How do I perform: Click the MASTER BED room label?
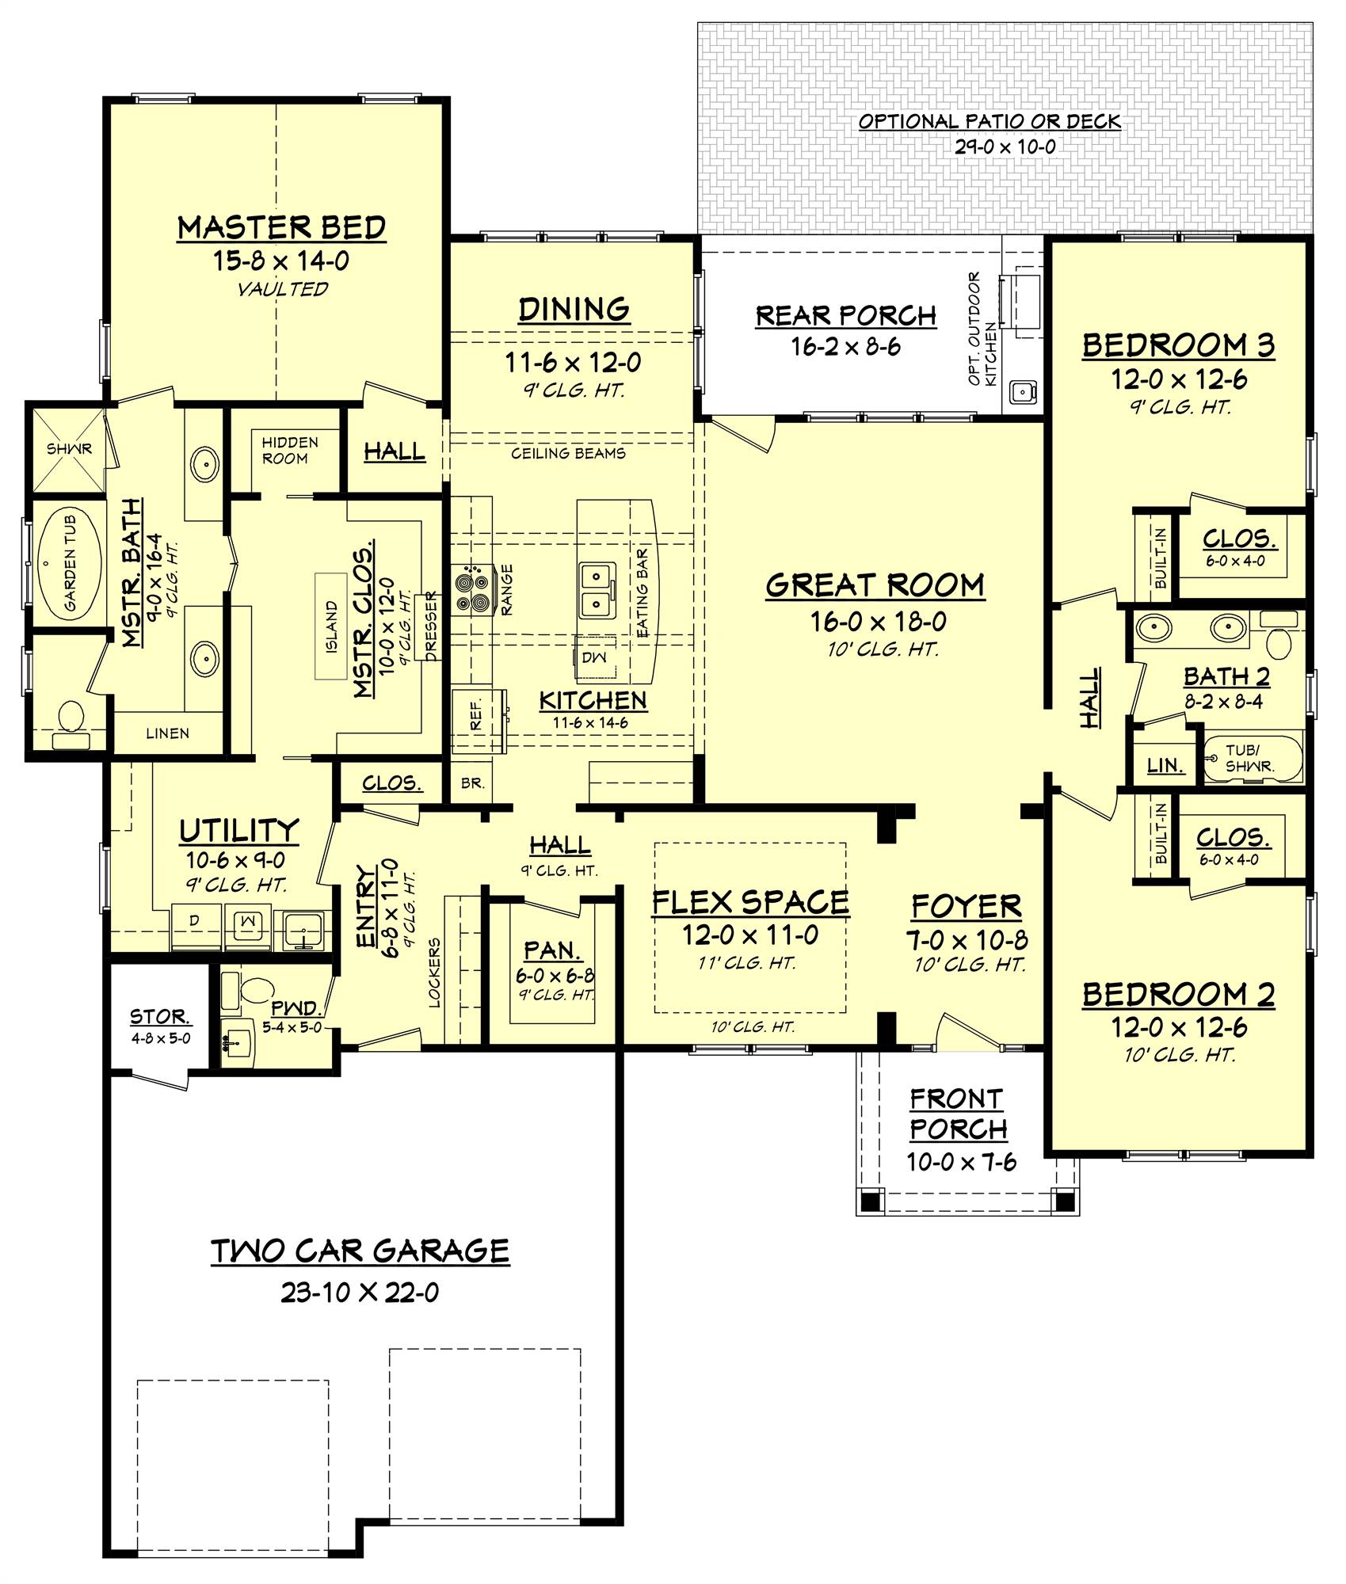point(281,227)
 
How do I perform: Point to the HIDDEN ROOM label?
point(290,450)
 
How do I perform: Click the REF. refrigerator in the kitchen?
point(476,718)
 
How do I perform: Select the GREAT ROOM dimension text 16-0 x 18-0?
point(877,622)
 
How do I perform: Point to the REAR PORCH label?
point(845,315)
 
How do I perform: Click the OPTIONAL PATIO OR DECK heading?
point(989,121)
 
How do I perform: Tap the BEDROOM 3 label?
point(1178,345)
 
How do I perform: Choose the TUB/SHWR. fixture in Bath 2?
point(1252,758)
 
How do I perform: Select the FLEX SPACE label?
point(749,901)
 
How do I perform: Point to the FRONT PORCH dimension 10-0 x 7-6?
point(961,1162)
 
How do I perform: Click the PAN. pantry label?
point(552,950)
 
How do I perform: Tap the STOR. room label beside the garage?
point(159,1016)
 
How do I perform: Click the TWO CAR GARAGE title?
point(360,1251)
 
